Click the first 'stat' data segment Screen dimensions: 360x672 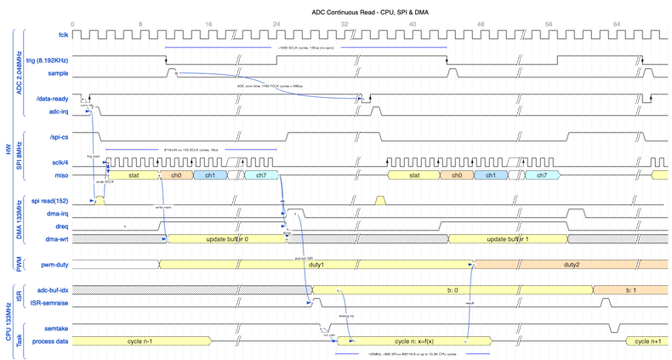pos(134,174)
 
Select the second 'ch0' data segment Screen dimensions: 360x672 pos(457,174)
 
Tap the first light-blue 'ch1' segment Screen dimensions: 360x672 pos(205,174)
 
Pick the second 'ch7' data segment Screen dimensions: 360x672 pos(537,174)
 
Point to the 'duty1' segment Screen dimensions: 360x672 pos(316,265)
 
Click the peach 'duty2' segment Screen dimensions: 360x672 pos(572,265)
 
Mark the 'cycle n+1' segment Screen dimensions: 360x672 pos(647,340)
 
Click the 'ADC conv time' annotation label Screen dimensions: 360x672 pos(269,86)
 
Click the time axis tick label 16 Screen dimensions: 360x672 pos(209,22)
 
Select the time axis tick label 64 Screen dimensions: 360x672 pos(616,22)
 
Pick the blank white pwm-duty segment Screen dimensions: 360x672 pos(116,265)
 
